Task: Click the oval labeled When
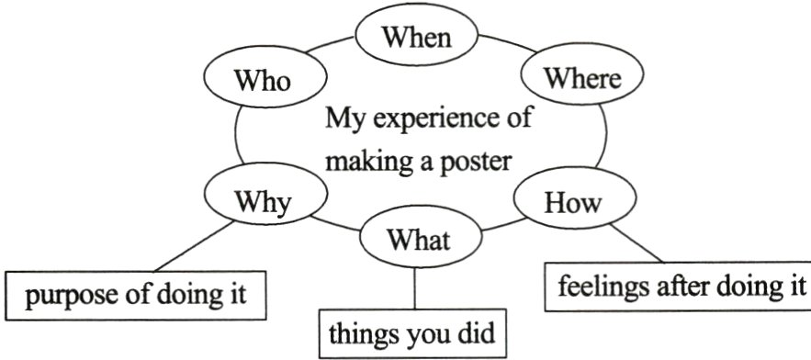click(x=416, y=38)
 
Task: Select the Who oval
click(x=263, y=80)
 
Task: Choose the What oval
click(x=417, y=241)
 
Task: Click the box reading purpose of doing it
click(x=137, y=297)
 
